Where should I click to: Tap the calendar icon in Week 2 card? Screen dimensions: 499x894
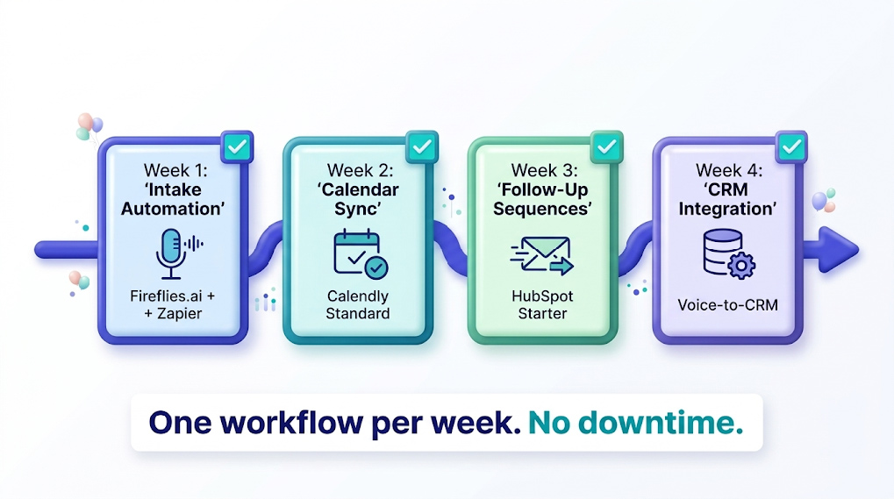click(x=361, y=254)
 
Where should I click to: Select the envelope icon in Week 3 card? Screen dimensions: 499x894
click(x=541, y=255)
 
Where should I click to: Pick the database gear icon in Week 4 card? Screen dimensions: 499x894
click(x=728, y=253)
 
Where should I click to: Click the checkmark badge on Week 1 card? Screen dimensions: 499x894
click(x=236, y=147)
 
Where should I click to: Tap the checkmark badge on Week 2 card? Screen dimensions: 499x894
click(x=421, y=147)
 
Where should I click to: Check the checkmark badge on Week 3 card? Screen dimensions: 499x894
click(x=606, y=147)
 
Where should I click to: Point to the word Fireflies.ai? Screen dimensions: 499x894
click(x=164, y=296)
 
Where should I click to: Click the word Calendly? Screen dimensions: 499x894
click(x=357, y=296)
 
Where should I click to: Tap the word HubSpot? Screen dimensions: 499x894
click(x=542, y=296)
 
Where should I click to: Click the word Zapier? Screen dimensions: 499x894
click(x=180, y=314)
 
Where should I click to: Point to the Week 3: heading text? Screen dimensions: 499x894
click(x=544, y=170)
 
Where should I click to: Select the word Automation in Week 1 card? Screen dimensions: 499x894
click(x=173, y=209)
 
